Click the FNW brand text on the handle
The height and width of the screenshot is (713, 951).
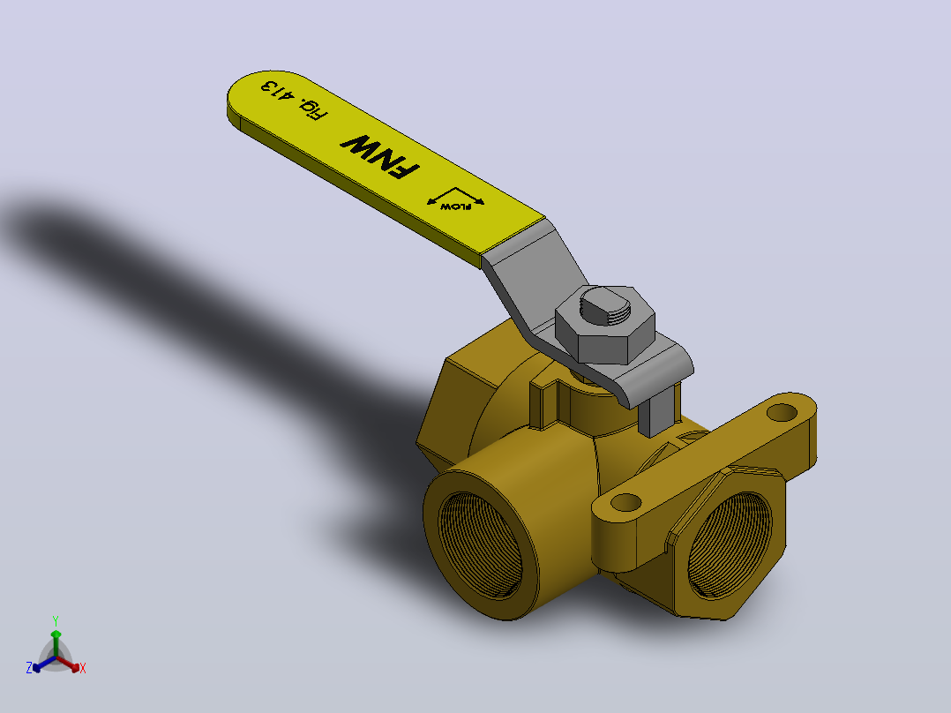[x=379, y=156]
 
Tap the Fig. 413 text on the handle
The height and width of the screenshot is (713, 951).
[x=294, y=100]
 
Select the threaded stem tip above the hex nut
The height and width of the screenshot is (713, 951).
[x=607, y=306]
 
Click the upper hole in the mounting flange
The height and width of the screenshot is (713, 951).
[x=782, y=413]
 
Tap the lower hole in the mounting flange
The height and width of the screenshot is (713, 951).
[x=626, y=502]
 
